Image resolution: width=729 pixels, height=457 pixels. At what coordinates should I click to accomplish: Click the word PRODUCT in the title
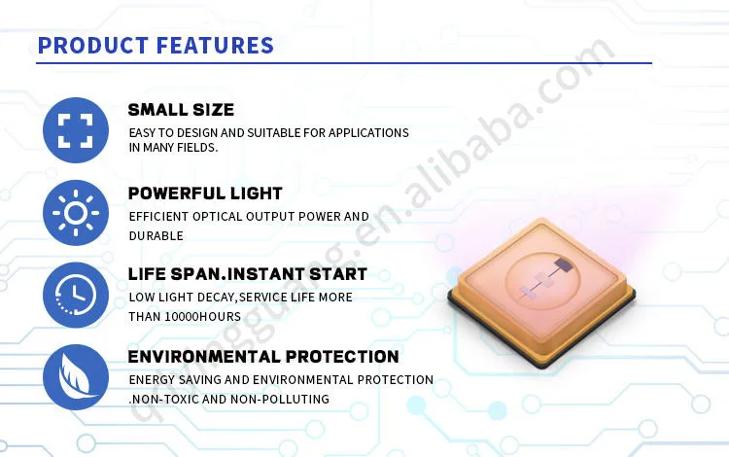coord(93,46)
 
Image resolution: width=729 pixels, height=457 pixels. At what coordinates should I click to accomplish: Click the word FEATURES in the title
coord(215,46)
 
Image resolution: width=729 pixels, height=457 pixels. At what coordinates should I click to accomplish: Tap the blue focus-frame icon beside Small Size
coord(75,130)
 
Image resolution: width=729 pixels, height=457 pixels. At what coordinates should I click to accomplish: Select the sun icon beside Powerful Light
coord(75,213)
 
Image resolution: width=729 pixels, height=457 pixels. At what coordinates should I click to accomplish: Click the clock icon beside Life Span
coord(75,296)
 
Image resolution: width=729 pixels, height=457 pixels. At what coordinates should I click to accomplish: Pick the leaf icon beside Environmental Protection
coord(75,377)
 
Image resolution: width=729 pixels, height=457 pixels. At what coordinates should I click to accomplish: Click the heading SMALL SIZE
coord(181,110)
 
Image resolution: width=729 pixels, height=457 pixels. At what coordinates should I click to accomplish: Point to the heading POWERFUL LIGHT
coord(205,193)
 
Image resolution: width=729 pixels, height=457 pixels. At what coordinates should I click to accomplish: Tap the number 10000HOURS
coord(203,317)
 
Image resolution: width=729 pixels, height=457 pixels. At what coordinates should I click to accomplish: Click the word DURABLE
coord(156,236)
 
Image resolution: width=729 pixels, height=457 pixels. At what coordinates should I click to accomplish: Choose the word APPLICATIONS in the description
coord(368,133)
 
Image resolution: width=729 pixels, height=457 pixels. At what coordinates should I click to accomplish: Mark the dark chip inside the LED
coord(563,265)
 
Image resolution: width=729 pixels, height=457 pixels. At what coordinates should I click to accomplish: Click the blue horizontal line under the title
coord(344,63)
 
